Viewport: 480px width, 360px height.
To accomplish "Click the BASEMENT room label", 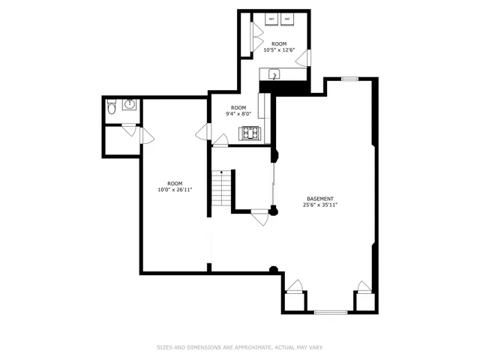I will coord(320,199).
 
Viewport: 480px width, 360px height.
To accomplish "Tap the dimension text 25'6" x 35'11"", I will coord(320,205).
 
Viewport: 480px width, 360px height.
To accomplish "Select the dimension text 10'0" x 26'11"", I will coord(175,190).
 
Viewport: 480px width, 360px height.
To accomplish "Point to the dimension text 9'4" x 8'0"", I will coord(238,114).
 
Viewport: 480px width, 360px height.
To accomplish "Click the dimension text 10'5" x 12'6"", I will coord(279,50).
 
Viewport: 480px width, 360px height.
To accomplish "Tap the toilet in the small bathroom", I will coord(111,109).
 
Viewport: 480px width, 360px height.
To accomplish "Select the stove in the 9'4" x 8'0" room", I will coord(249,134).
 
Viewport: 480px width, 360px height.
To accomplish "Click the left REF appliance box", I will coord(271,19).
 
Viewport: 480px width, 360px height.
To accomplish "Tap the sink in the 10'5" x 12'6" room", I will coord(274,73).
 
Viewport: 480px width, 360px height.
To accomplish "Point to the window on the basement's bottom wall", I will coord(330,311).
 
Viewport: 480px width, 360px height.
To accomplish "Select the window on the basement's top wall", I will coord(349,78).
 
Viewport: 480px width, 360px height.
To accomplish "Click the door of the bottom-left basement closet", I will coord(295,286).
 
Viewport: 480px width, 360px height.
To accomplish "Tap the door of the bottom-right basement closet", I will coord(364,286).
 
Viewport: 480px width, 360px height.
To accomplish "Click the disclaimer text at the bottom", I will coord(240,346).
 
